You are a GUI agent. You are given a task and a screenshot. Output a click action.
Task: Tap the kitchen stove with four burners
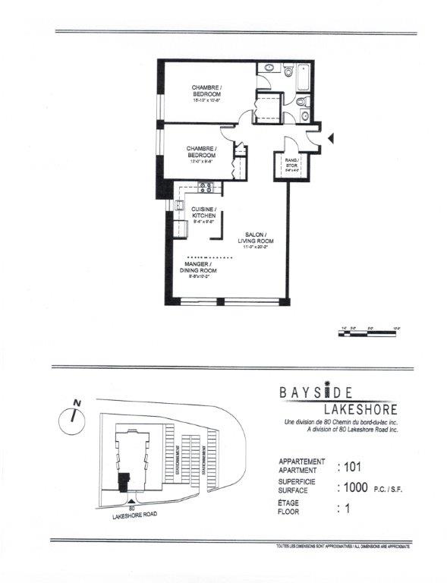[204, 188]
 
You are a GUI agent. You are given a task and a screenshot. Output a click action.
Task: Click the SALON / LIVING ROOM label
[257, 239]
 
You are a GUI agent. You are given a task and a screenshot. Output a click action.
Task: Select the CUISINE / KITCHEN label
[203, 213]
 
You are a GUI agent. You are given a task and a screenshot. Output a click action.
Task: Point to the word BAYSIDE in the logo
[315, 393]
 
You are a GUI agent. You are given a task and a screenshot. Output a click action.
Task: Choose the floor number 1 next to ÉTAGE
[347, 511]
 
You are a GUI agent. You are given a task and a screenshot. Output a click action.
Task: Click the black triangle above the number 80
[134, 502]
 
